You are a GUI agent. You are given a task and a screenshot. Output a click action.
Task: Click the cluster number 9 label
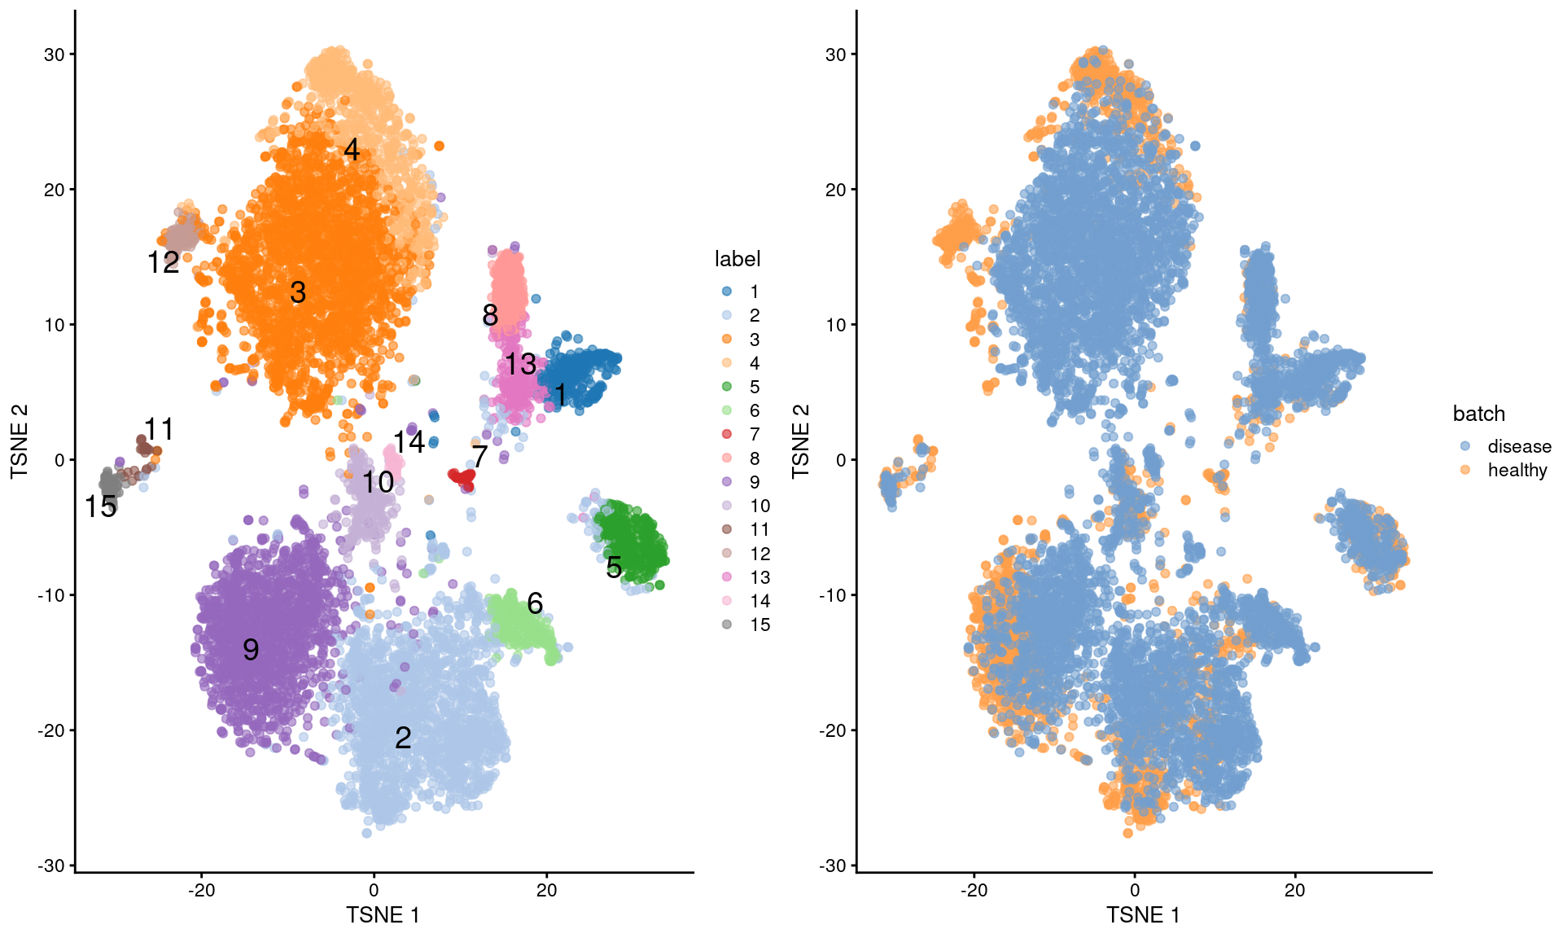tap(251, 650)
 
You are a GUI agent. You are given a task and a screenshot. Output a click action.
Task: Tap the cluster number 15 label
tap(101, 506)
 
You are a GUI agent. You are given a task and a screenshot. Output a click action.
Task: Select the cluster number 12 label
tap(163, 262)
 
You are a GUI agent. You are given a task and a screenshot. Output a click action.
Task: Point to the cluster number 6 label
tap(535, 603)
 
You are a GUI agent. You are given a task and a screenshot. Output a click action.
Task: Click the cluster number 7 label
tap(479, 457)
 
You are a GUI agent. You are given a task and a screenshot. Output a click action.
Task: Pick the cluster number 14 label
tap(409, 442)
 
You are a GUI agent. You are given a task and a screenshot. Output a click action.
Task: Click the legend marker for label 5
tap(727, 387)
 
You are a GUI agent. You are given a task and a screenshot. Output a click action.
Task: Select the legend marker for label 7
tap(727, 434)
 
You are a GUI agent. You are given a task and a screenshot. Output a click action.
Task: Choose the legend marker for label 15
tap(727, 625)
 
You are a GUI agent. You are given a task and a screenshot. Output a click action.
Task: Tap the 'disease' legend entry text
tap(1519, 446)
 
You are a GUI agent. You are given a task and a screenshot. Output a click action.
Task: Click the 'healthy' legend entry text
tap(1517, 470)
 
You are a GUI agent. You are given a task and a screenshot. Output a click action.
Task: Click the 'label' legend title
tap(738, 259)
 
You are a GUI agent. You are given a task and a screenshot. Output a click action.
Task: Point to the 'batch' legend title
tap(1479, 414)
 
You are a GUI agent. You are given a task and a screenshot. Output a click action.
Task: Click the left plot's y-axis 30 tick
tap(54, 55)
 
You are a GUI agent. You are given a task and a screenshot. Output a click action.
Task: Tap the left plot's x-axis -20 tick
tap(201, 890)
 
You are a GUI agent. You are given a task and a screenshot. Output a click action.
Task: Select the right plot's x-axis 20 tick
tap(1295, 890)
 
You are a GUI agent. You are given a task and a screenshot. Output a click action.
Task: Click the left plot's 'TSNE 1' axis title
tap(383, 915)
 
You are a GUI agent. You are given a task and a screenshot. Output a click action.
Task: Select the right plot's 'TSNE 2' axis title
tap(801, 441)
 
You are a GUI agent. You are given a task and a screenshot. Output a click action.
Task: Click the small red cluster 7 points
tap(462, 476)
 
